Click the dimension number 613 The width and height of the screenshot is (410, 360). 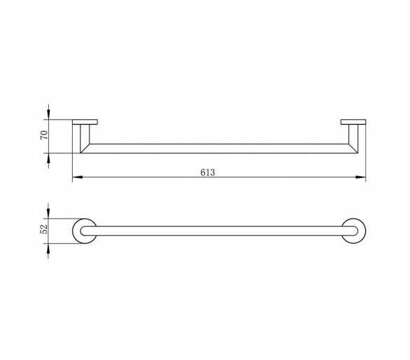pos(208,172)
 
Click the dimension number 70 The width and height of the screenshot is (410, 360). pos(45,135)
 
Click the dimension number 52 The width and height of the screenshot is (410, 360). pos(44,229)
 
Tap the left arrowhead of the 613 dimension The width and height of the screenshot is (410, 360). pos(78,177)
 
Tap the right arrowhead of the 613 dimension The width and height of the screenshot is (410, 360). pos(360,177)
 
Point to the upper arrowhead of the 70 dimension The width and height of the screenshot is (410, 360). pos(48,114)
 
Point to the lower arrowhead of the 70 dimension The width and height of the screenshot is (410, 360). pos(48,158)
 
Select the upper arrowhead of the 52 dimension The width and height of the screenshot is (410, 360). pos(48,213)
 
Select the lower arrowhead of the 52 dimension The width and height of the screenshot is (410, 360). pos(48,249)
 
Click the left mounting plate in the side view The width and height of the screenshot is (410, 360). pos(85,122)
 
